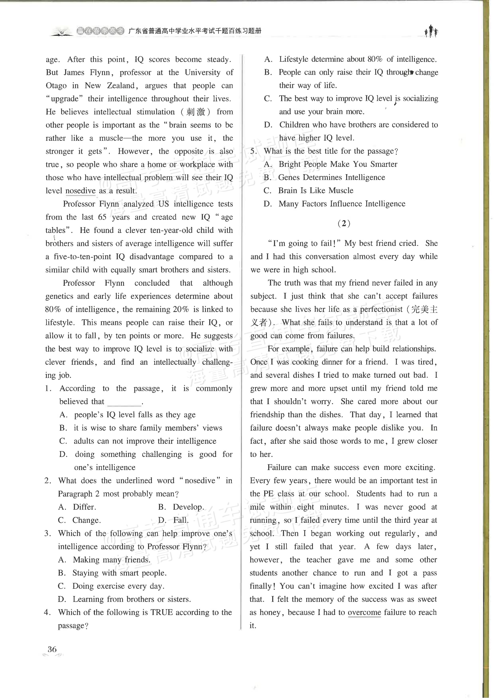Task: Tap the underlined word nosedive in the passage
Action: [x=81, y=191]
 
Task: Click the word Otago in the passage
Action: [x=56, y=86]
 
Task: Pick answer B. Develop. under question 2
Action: [x=181, y=507]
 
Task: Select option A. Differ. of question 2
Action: [x=77, y=507]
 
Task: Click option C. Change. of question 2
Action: [x=79, y=520]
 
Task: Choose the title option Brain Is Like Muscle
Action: [x=315, y=191]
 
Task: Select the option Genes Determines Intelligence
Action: [x=331, y=177]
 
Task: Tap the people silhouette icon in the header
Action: [x=431, y=31]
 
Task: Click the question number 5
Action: [x=254, y=151]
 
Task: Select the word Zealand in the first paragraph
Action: [x=121, y=86]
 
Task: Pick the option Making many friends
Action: [x=111, y=560]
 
